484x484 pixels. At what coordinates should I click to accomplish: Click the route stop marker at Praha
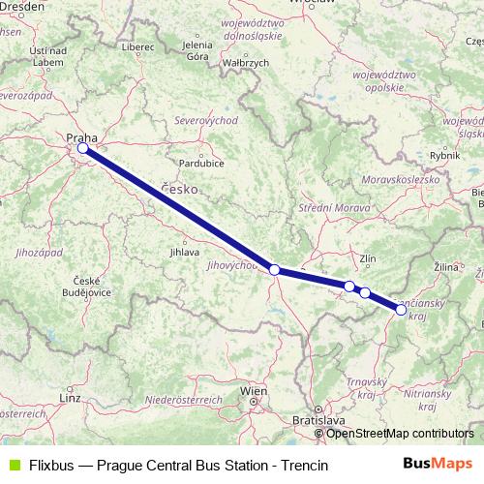[x=82, y=149]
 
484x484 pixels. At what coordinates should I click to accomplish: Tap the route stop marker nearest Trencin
[x=401, y=310]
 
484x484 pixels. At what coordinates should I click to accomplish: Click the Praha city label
[x=81, y=137]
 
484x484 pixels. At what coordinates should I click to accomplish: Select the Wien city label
[x=254, y=392]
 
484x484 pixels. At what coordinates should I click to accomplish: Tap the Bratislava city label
[x=319, y=422]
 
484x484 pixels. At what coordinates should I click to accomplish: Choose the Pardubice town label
[x=216, y=162]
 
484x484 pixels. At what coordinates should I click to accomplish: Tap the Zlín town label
[x=367, y=258]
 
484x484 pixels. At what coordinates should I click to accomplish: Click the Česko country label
[x=179, y=188]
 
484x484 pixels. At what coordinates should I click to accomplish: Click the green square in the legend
[x=13, y=466]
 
